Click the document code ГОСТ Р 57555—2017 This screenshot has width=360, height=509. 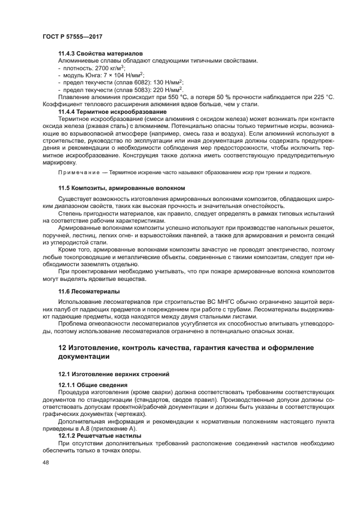click(72, 36)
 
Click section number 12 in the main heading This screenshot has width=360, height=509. click(63, 348)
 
